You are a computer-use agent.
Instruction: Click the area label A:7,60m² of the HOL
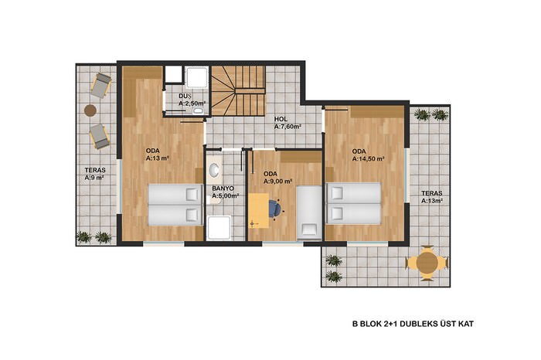288,127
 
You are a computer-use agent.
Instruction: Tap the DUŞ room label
185,96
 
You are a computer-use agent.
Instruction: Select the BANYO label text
223,188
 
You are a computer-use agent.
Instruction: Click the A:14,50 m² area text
368,159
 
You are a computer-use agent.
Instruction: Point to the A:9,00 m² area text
278,182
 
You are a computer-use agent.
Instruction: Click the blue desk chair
276,209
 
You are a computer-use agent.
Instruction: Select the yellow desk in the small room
258,211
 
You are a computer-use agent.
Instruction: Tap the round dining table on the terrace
427,263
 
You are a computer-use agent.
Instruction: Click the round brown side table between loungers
90,110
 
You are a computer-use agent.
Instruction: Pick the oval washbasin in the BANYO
215,169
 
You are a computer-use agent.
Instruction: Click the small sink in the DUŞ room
198,110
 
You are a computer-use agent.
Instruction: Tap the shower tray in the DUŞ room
197,77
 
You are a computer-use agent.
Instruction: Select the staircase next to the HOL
238,90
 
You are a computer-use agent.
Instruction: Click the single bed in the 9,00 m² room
309,212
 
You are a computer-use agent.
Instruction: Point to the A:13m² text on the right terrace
432,201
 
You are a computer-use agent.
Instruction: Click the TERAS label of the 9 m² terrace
95,170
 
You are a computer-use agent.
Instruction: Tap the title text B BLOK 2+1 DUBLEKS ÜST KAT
413,324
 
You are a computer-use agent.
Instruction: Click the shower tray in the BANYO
219,228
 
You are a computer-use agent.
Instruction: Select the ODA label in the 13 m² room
153,151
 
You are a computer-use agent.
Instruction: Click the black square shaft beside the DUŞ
173,74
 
